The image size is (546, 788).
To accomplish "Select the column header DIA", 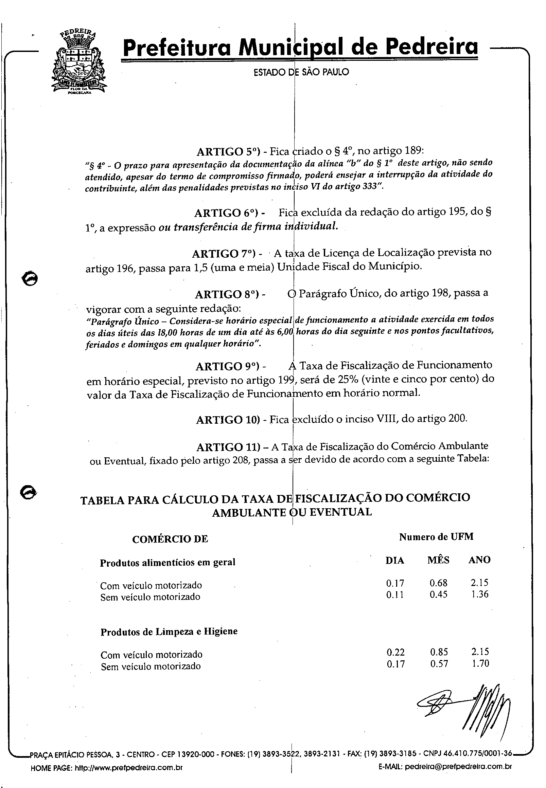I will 395,561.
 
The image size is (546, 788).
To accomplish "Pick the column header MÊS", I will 438,560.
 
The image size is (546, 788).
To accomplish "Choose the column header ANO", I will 479,560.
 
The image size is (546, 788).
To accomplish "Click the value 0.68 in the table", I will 438,583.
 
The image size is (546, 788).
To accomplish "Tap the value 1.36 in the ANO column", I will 480,594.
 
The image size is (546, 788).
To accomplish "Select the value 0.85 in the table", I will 439,652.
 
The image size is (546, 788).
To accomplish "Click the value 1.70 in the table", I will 480,663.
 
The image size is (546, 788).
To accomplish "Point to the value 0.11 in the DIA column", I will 395,595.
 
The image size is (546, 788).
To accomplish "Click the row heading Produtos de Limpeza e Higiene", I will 169,631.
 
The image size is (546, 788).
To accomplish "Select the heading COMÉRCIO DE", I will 170,539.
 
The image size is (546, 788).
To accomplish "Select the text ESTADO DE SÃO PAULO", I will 301,72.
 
